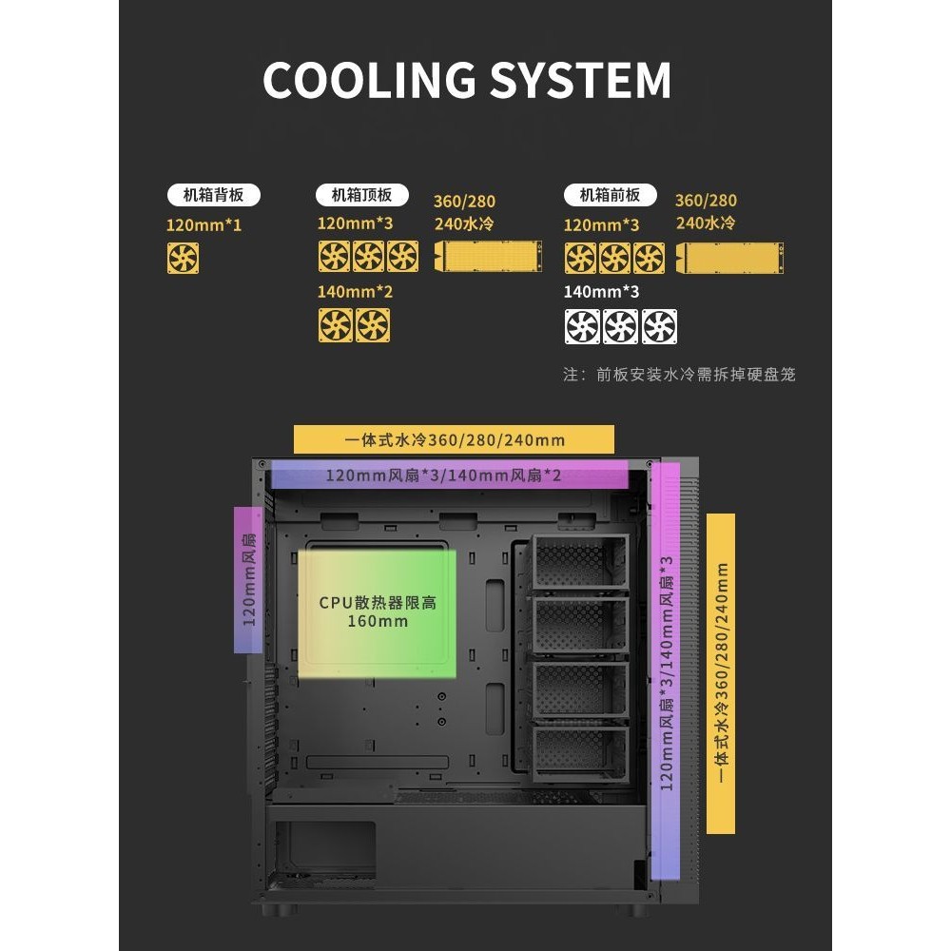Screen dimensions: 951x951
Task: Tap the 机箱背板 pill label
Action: click(x=213, y=196)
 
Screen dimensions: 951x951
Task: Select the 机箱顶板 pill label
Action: click(x=361, y=196)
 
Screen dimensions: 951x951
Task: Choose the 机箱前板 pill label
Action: click(x=610, y=196)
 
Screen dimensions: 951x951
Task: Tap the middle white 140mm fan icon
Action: click(x=619, y=326)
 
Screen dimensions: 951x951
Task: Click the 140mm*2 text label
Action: click(x=355, y=291)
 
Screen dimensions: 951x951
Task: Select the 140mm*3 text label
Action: click(x=601, y=291)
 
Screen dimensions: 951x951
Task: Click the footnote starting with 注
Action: click(x=679, y=374)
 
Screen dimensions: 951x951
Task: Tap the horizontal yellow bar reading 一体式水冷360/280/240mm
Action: click(x=454, y=439)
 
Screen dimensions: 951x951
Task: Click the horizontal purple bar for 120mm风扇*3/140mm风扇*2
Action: click(x=449, y=474)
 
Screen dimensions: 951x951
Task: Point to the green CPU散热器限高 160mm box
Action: click(x=377, y=612)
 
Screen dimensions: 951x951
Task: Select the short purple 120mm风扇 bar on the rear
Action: click(x=248, y=580)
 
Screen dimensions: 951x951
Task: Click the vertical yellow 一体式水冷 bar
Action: click(x=721, y=673)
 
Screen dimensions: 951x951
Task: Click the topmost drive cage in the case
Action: click(x=580, y=564)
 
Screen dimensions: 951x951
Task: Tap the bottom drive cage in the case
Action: click(x=580, y=754)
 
